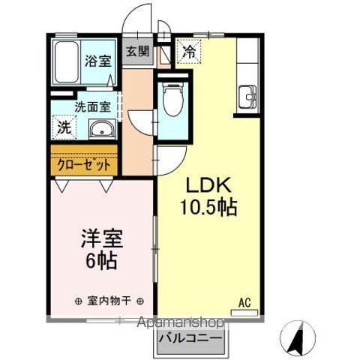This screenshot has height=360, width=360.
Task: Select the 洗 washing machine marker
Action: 64,127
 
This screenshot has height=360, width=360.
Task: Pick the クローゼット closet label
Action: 83,163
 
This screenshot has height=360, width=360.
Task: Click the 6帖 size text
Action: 103,262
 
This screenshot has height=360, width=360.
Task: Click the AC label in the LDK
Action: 244,302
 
